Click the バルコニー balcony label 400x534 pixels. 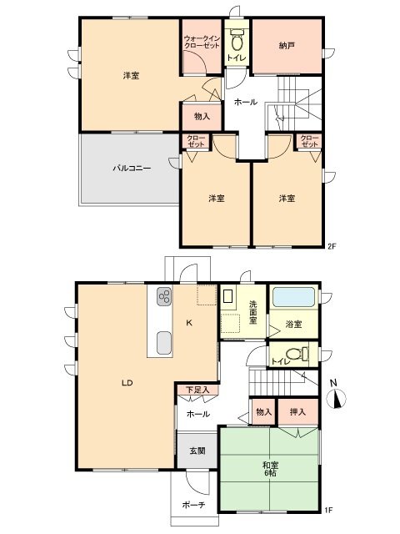pos(132,168)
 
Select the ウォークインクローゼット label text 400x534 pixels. pos(201,42)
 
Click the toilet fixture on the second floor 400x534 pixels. pos(236,40)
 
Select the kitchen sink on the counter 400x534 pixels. pos(163,342)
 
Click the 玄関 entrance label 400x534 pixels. pos(196,451)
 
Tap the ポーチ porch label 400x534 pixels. pos(193,504)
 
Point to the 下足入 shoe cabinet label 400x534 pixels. pos(197,390)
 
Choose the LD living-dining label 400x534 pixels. pos(127,384)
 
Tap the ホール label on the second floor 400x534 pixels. pos(245,102)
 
